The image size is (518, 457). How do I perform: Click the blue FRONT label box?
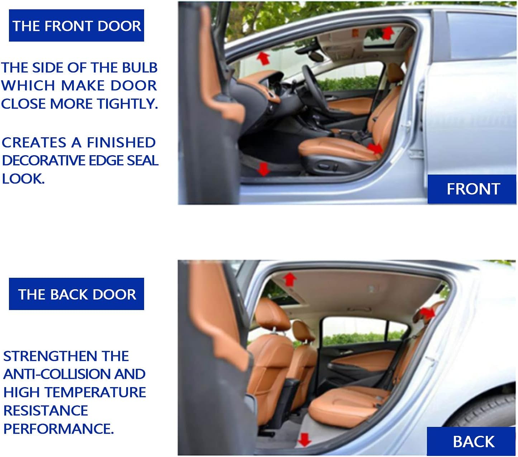(x=472, y=189)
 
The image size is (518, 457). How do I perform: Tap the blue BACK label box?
(x=471, y=441)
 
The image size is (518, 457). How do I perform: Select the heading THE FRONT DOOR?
(x=76, y=25)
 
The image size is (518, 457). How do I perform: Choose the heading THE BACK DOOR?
(x=76, y=294)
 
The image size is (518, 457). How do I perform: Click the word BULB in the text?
(x=139, y=68)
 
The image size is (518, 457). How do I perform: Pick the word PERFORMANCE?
(x=58, y=429)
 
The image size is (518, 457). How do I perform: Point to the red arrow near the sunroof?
(x=388, y=33)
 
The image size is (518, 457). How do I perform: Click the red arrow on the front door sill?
(x=263, y=169)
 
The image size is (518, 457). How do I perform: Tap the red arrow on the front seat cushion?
(x=375, y=148)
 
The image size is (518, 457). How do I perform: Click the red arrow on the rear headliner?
(x=289, y=279)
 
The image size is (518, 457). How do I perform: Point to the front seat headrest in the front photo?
(x=395, y=73)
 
